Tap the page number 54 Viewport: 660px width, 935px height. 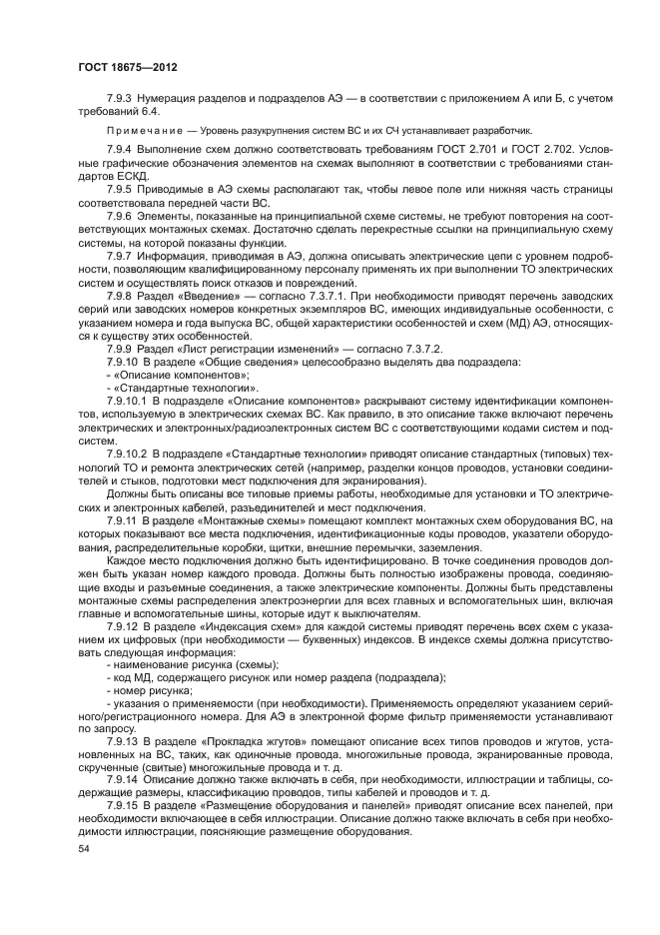(x=85, y=849)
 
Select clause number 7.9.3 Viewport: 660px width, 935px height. (x=121, y=97)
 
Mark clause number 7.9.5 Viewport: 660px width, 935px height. (x=121, y=188)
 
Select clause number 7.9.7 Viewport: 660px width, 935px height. (x=121, y=256)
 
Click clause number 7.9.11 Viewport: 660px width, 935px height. (x=123, y=520)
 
